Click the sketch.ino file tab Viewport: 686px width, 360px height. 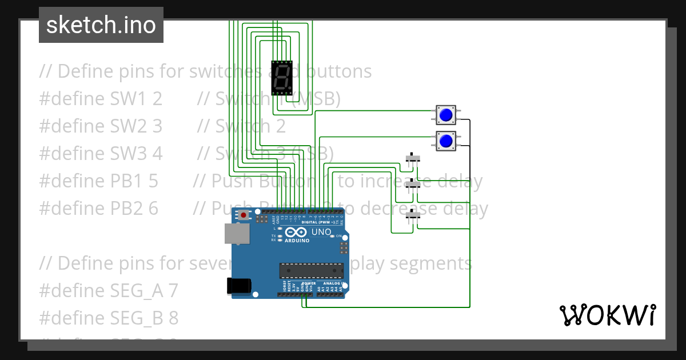101,25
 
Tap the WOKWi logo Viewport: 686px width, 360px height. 607,315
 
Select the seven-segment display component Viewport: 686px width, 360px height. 281,78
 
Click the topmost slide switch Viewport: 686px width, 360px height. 412,158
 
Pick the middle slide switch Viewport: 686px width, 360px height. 412,185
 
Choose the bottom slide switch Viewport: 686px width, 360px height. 412,215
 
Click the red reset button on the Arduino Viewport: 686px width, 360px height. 244,215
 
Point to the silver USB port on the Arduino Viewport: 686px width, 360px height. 233,234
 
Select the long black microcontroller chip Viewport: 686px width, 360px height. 311,270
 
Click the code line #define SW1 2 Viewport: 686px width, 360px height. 101,99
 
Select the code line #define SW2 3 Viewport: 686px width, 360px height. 101,126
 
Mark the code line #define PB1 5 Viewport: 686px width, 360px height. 98,181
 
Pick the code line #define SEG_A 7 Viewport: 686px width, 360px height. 109,291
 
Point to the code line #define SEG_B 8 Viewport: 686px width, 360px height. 109,318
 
